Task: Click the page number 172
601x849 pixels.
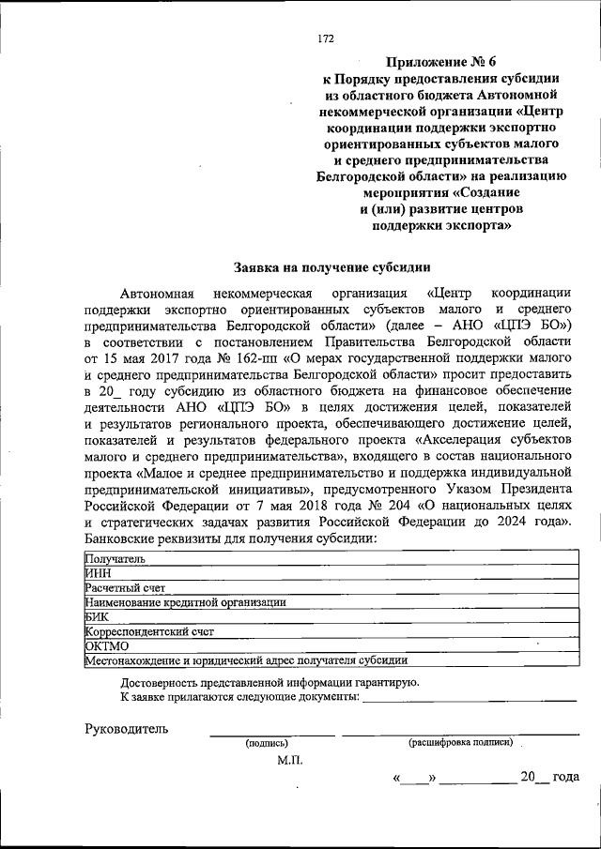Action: coord(326,38)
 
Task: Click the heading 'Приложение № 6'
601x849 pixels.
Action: coord(442,62)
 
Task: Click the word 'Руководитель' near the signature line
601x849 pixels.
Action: coord(127,728)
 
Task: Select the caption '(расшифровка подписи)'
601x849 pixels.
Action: coord(460,742)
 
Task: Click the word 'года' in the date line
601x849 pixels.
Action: coord(565,777)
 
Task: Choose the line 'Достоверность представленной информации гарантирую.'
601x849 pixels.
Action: coord(270,682)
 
